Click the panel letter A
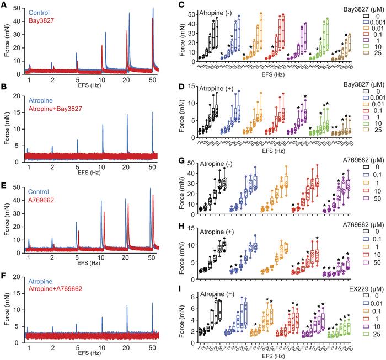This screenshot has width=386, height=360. click(4, 5)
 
